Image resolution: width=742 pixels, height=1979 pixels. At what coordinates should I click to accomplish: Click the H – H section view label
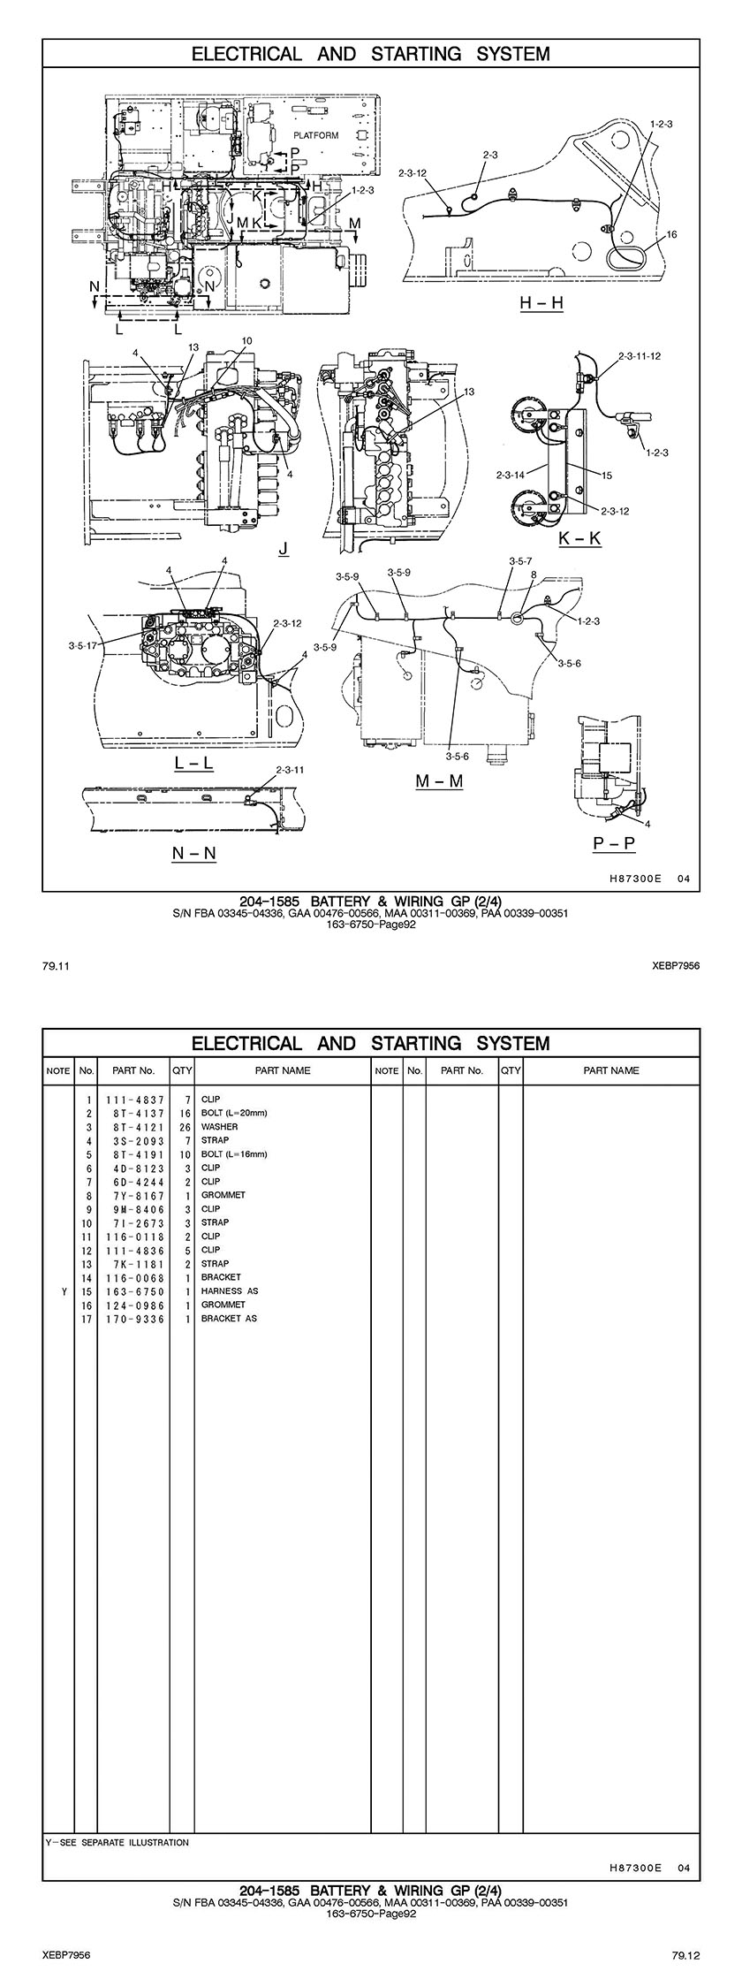(541, 303)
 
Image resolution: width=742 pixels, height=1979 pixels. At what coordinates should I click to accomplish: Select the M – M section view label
(439, 781)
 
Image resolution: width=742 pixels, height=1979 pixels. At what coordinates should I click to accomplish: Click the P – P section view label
(614, 843)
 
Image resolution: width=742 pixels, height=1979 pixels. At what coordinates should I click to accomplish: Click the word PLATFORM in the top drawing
(316, 135)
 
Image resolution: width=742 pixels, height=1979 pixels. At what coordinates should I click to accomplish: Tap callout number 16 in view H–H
(671, 235)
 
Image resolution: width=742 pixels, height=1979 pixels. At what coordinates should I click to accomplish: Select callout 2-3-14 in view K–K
(511, 476)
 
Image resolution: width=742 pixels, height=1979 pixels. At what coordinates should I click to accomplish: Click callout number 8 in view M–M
(534, 575)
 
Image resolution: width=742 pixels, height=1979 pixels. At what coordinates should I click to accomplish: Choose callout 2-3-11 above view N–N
(290, 770)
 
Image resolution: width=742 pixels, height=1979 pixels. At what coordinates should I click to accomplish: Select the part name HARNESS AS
(230, 1291)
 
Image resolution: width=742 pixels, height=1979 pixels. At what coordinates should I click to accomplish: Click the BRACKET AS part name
(229, 1319)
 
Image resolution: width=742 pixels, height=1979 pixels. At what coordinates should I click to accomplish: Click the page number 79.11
(56, 967)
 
